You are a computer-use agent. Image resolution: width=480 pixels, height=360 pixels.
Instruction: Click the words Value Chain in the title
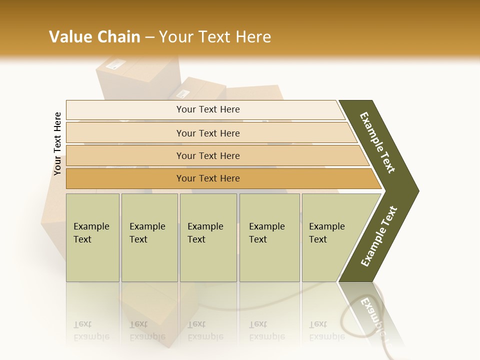pos(94,37)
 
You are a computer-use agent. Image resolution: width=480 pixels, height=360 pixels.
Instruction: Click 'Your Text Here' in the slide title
pos(215,37)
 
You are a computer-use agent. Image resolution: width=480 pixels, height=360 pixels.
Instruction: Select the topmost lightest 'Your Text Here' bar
pos(207,109)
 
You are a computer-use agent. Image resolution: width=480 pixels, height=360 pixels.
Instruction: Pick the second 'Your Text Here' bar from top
pos(207,133)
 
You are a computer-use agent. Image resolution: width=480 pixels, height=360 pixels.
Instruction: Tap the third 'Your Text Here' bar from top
pos(207,155)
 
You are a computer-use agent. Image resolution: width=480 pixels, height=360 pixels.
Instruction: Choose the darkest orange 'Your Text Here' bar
pos(207,178)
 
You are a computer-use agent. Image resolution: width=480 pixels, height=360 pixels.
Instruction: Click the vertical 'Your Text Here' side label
pos(57,144)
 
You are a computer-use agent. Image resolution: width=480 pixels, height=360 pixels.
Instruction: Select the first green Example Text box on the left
pos(92,237)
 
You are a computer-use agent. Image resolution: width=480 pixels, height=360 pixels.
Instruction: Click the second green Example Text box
pos(149,237)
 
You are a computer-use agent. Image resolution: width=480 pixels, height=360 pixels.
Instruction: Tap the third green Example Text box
pos(208,237)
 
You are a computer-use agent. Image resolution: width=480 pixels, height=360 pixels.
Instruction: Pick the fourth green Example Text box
pos(269,237)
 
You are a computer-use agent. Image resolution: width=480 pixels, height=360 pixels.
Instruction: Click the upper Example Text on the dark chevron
pos(377,142)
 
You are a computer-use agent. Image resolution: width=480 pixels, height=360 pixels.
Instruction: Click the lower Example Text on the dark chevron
pos(379,236)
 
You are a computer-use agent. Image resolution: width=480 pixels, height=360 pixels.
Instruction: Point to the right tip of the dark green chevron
pos(417,190)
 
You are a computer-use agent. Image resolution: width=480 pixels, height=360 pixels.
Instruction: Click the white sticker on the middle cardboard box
pos(183,93)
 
